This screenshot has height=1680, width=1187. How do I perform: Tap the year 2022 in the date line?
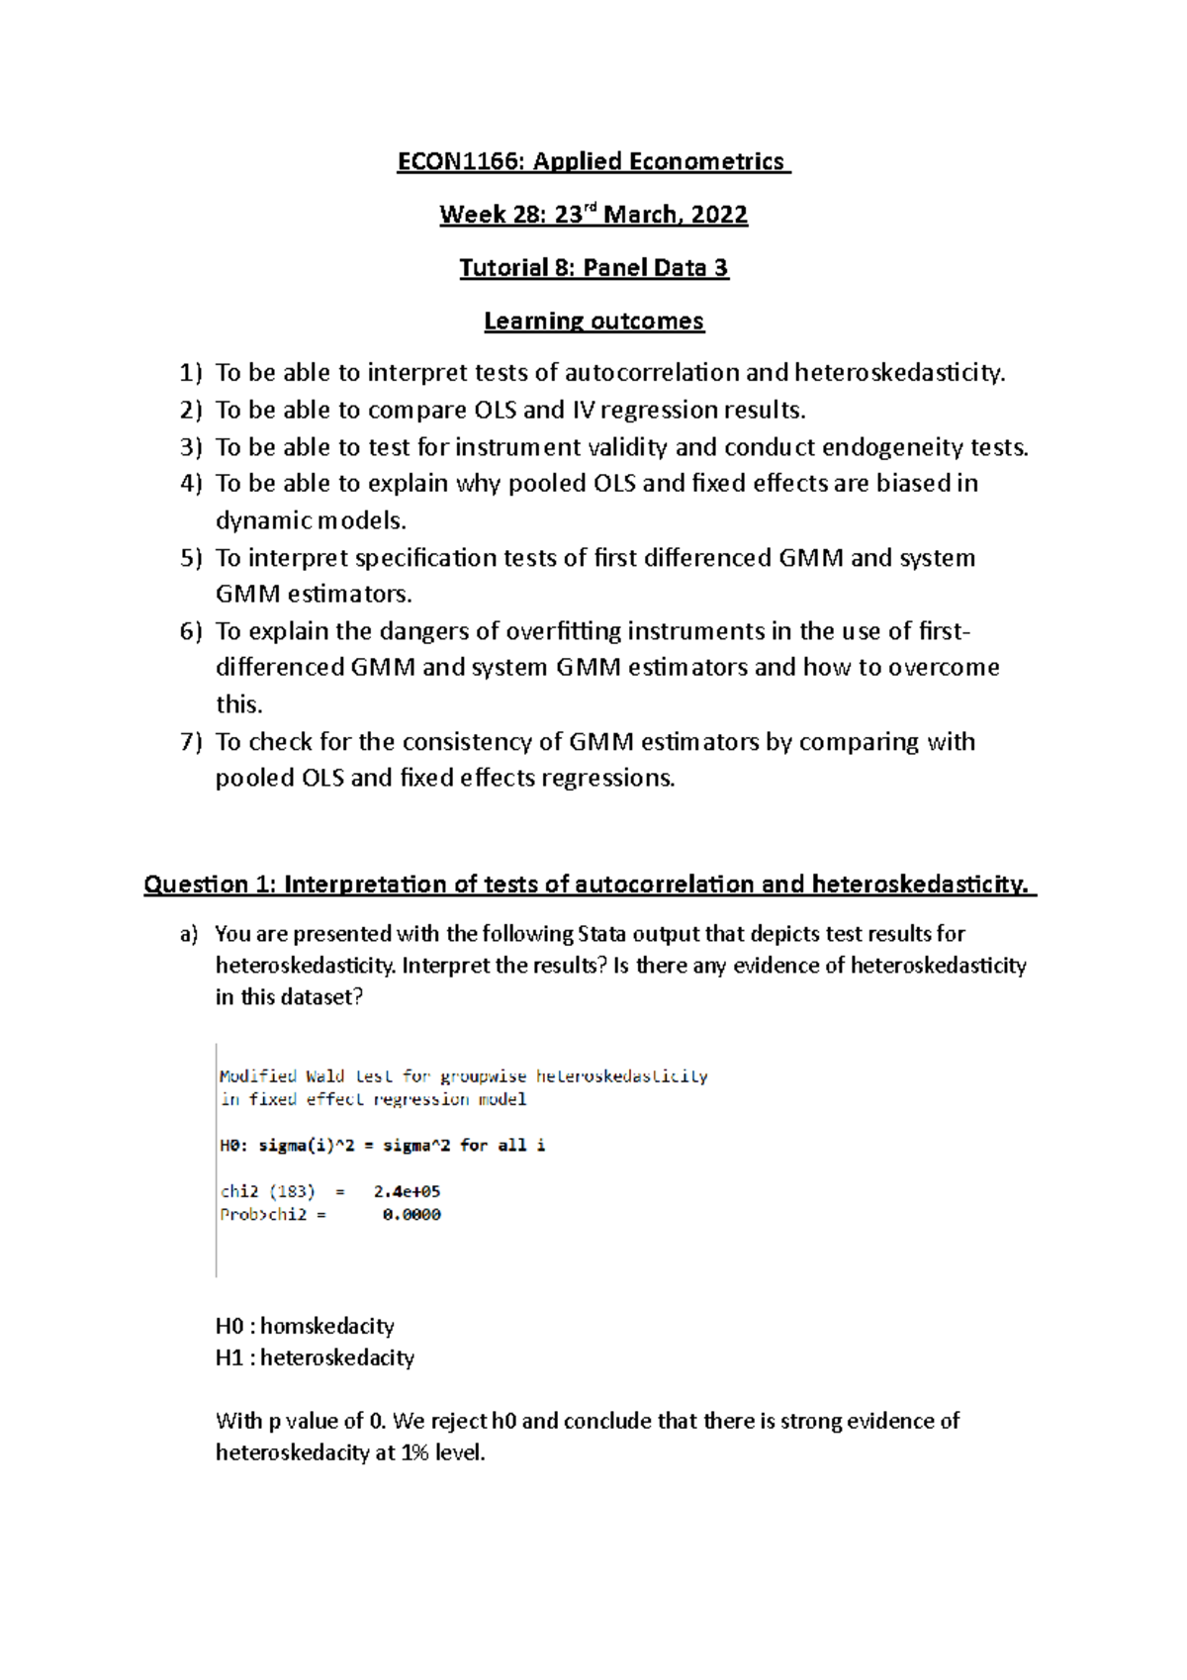(719, 215)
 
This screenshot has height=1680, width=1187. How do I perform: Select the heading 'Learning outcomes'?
(593, 321)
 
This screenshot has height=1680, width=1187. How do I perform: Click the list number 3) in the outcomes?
(191, 447)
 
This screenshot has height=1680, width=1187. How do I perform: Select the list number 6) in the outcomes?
(191, 631)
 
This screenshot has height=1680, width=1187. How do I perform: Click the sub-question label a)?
(189, 934)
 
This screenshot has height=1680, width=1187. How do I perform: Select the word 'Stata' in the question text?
(601, 934)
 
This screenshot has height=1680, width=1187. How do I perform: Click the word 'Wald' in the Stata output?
(324, 1076)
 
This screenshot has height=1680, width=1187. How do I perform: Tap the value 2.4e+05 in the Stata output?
(407, 1192)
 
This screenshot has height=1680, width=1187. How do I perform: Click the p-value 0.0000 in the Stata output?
(411, 1215)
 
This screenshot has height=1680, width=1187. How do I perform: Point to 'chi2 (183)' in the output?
(267, 1192)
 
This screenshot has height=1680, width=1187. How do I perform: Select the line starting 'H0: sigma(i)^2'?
(382, 1146)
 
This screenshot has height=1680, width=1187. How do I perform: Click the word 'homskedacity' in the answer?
(327, 1326)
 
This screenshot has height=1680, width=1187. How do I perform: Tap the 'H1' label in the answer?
(229, 1357)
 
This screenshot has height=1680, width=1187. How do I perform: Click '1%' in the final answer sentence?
(413, 1452)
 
